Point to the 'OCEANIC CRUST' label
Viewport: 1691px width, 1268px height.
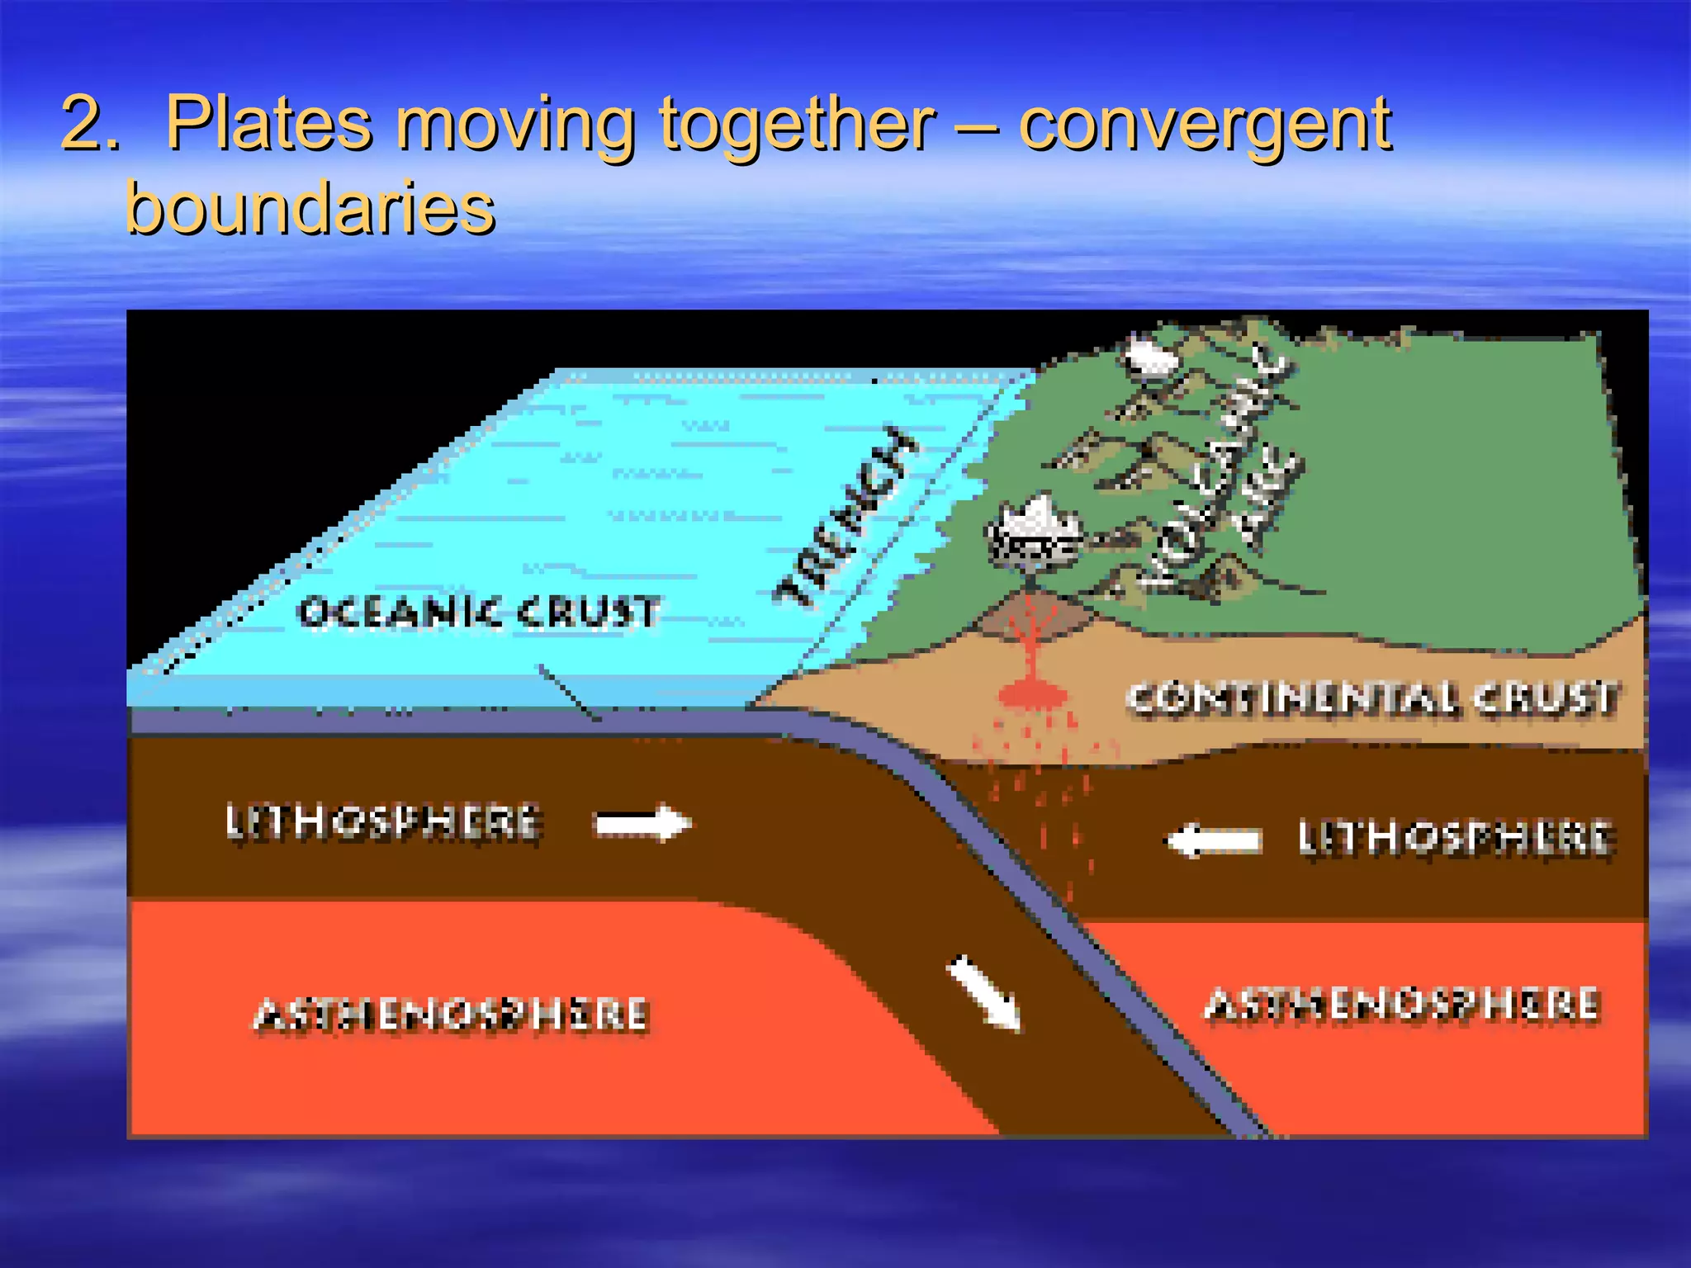pos(479,613)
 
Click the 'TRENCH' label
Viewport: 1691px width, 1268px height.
pos(846,518)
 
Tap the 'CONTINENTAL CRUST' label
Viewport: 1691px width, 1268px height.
pos(1371,698)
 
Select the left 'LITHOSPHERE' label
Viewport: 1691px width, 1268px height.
pos(382,822)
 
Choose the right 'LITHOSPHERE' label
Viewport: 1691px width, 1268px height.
pos(1454,837)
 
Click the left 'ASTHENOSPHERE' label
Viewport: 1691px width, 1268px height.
pos(451,1015)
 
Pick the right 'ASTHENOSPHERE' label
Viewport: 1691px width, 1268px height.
pos(1401,1005)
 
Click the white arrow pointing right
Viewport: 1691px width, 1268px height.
pos(643,823)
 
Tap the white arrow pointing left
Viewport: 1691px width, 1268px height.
pos(1213,840)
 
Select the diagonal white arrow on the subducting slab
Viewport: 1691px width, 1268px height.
pos(985,993)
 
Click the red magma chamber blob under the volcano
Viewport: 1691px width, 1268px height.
pos(1031,693)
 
